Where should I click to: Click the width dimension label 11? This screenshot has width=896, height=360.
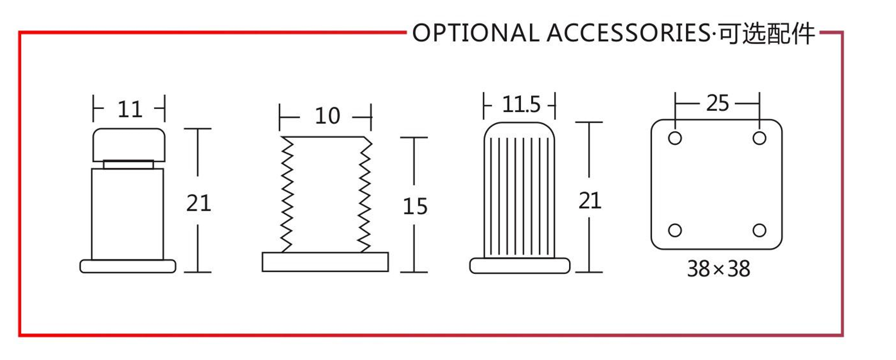pyautogui.click(x=130, y=109)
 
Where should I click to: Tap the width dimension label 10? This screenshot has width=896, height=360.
pyautogui.click(x=328, y=116)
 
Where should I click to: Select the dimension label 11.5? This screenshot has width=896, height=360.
pyautogui.click(x=521, y=105)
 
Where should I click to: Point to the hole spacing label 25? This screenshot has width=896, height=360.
pyautogui.click(x=718, y=103)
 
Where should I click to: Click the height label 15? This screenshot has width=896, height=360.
pyautogui.click(x=415, y=206)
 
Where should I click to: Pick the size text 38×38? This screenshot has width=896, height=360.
pyautogui.click(x=718, y=269)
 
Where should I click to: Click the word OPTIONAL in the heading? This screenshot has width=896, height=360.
pyautogui.click(x=476, y=33)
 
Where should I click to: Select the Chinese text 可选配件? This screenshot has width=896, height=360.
pyautogui.click(x=767, y=33)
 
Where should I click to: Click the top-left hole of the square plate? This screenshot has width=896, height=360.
pyautogui.click(x=675, y=138)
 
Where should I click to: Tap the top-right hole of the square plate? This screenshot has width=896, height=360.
pyautogui.click(x=759, y=138)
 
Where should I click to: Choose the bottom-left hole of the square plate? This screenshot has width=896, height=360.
pyautogui.click(x=675, y=231)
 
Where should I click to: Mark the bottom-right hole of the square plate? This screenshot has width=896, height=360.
pyautogui.click(x=759, y=231)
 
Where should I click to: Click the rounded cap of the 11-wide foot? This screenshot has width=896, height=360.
pyautogui.click(x=129, y=145)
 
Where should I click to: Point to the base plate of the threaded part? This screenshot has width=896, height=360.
pyautogui.click(x=325, y=262)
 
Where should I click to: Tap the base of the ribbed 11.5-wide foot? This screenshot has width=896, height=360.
pyautogui.click(x=520, y=265)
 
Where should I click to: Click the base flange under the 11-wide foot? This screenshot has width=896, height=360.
pyautogui.click(x=128, y=267)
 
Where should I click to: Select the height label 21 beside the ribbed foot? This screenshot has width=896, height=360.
pyautogui.click(x=590, y=201)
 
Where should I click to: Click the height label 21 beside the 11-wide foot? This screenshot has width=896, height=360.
pyautogui.click(x=199, y=203)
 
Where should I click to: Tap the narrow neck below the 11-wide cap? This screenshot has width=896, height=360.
pyautogui.click(x=128, y=164)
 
